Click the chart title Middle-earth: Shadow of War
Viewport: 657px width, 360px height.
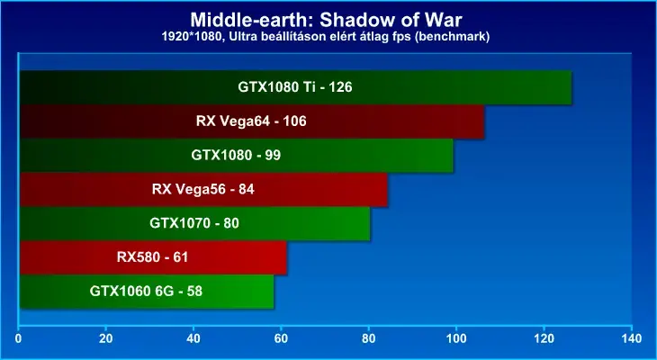325,19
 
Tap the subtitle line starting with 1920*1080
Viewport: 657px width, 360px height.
326,37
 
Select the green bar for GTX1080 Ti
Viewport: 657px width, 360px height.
295,87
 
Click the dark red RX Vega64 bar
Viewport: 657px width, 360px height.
252,121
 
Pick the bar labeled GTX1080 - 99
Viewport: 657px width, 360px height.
237,156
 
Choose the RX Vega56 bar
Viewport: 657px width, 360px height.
203,189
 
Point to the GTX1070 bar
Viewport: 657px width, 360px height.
194,223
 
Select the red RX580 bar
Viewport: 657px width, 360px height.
153,257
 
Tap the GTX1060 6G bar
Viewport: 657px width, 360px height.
146,292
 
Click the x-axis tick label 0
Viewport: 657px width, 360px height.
18,338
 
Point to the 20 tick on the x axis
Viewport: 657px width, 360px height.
106,338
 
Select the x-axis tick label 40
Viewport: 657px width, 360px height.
193,338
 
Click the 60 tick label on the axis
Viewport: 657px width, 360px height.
281,338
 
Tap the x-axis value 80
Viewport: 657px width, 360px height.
369,338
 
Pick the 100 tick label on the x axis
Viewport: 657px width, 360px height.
456,338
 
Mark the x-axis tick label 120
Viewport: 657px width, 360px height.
544,338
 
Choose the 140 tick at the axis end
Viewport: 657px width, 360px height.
632,338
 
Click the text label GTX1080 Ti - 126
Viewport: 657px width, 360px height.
295,87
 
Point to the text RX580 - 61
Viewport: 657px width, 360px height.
152,257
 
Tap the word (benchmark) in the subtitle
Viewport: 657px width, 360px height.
456,37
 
